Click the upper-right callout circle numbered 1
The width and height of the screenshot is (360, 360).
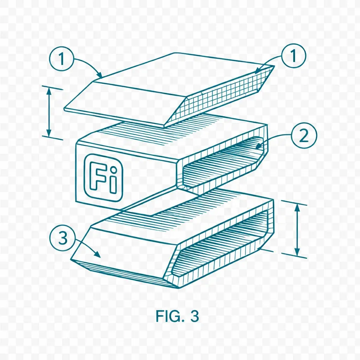point(294,56)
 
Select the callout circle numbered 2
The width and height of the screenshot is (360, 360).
point(304,135)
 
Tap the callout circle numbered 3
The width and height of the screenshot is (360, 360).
point(63,238)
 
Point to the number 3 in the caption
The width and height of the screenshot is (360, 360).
point(194,316)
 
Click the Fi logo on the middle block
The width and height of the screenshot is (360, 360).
point(104,178)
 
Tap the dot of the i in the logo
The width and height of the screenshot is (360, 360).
point(113,170)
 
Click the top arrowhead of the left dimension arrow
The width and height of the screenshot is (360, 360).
point(49,91)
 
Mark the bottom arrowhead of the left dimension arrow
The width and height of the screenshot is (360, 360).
point(49,133)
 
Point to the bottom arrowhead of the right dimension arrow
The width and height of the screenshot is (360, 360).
point(297,252)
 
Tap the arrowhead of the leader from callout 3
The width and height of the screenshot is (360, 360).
point(98,255)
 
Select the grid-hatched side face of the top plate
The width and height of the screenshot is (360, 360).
point(220,95)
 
